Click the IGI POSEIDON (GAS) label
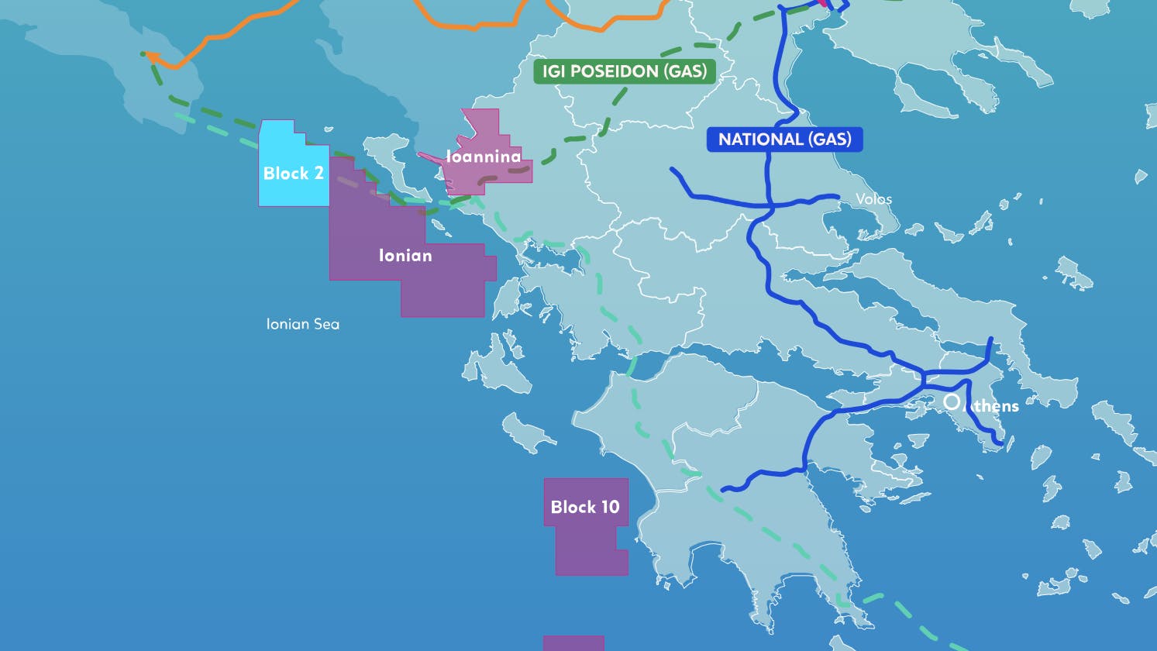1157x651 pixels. [624, 72]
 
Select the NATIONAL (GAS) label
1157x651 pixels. [784, 139]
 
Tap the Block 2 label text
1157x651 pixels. [293, 173]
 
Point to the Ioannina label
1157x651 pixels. [484, 157]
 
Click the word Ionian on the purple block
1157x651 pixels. [405, 255]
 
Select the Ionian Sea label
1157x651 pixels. [302, 324]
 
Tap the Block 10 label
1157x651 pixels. [585, 507]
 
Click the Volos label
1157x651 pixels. [873, 199]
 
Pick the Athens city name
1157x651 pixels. [993, 406]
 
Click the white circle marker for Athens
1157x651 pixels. [952, 401]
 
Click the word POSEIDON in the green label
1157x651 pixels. [609, 72]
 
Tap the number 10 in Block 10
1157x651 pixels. [610, 507]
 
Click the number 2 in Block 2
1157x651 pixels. [319, 173]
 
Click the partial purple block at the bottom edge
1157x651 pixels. [573, 643]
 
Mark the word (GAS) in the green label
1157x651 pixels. [685, 72]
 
